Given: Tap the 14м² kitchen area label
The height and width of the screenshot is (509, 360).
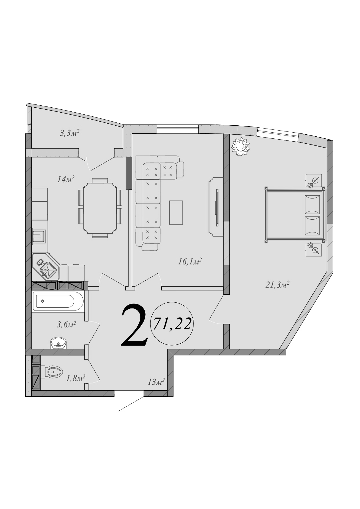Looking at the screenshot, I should pos(66,179).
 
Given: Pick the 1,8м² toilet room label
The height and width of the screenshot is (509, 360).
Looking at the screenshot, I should pos(75,378).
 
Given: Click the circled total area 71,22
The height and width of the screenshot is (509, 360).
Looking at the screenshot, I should pos(172,324).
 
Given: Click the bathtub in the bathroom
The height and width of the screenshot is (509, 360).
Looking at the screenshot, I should pos(58,301).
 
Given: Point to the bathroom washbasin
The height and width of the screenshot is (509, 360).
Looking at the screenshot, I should pos(59,343).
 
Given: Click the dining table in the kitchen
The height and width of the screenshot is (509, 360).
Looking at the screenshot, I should pos(100,208).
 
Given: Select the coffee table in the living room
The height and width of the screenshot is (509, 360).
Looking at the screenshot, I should pos(176,212).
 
